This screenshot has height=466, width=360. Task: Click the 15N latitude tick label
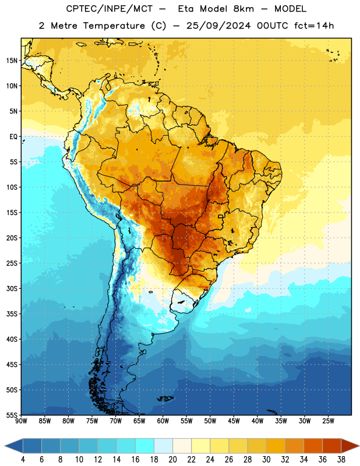tap(12, 61)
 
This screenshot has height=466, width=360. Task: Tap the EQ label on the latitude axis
tap(13, 137)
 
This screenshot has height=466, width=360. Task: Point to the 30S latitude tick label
tap(12, 288)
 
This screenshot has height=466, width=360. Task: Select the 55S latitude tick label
tap(12, 415)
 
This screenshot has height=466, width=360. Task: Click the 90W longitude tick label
tap(21, 421)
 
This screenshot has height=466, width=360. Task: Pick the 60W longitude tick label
tap(163, 421)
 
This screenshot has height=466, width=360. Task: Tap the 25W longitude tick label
tap(328, 421)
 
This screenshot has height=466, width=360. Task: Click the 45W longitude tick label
tap(234, 421)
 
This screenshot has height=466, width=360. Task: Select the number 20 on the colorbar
tap(172, 460)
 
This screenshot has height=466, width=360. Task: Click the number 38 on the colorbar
tap(341, 460)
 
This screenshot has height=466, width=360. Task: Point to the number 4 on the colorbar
tap(23, 460)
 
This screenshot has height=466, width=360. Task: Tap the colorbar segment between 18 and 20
tap(163, 446)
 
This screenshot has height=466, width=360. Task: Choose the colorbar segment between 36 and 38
tap(332, 446)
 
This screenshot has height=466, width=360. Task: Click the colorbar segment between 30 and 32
tap(276, 446)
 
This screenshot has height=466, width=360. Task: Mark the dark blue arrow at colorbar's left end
tap(13, 446)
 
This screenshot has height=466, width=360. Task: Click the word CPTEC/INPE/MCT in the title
tap(109, 9)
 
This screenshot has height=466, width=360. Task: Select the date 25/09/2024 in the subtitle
tap(218, 26)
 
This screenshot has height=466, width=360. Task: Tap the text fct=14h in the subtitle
tap(314, 26)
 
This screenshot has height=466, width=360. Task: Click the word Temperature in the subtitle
tap(114, 26)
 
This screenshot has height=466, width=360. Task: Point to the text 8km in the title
tap(243, 9)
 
